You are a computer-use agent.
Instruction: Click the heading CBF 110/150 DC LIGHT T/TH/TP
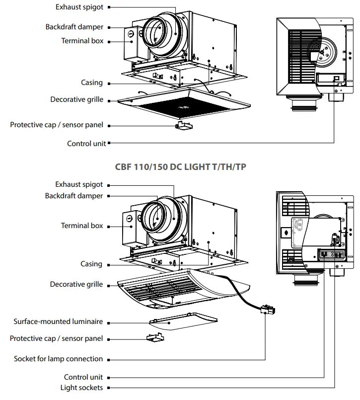[181, 167]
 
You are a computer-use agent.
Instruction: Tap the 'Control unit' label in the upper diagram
[86, 144]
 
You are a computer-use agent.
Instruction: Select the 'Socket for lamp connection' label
[59, 359]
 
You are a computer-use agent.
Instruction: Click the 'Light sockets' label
[81, 388]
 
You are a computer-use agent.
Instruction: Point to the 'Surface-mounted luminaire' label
[58, 321]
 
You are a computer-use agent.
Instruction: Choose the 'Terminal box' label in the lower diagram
[82, 226]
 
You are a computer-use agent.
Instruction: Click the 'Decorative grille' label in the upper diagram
[77, 99]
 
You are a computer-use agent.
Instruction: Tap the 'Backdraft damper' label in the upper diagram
[74, 27]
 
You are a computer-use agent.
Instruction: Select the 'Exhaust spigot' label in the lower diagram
[79, 184]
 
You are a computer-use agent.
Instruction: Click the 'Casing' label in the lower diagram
[91, 264]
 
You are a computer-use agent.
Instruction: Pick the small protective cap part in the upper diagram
[184, 126]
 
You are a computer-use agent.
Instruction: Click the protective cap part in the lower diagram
[155, 337]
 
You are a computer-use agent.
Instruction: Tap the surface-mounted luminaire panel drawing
[183, 321]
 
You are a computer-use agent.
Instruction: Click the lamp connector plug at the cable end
[268, 310]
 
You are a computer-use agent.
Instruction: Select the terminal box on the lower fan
[131, 228]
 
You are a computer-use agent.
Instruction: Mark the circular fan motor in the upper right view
[323, 52]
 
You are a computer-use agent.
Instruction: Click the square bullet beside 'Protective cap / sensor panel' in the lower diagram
[109, 339]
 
